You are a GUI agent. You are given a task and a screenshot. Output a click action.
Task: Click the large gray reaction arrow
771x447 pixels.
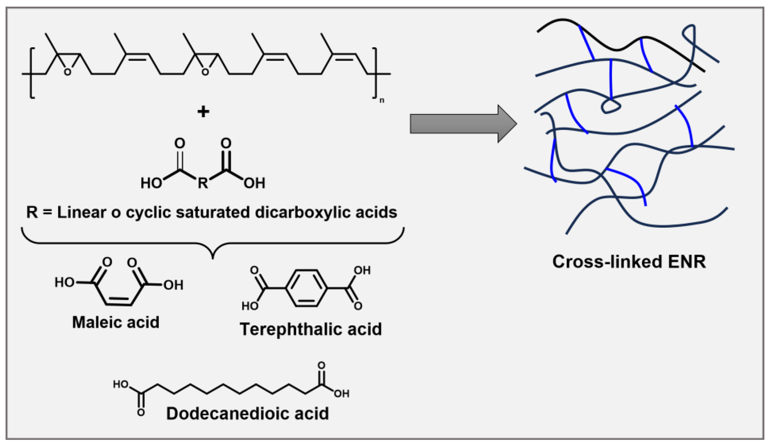[x=459, y=124]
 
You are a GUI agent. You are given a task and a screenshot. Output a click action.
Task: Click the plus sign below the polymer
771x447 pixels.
[x=204, y=112]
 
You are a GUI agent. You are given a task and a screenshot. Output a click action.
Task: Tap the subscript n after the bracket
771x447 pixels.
[x=382, y=101]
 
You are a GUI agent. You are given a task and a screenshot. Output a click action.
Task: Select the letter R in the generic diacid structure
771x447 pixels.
[x=202, y=183]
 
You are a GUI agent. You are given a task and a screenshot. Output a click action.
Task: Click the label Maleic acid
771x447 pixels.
[x=116, y=322]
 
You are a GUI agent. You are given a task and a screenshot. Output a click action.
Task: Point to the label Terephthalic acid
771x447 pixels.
[x=311, y=330]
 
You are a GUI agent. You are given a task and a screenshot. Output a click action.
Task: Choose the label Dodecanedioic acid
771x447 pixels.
[x=247, y=414]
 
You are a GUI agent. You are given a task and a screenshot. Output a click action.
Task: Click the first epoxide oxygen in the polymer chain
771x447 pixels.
[x=67, y=72]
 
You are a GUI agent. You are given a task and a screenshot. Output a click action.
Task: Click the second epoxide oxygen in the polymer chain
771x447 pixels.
[x=205, y=72]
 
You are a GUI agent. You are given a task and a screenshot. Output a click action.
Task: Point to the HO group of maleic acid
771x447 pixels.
[x=64, y=282]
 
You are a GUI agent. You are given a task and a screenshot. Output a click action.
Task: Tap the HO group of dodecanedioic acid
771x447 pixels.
[x=121, y=384]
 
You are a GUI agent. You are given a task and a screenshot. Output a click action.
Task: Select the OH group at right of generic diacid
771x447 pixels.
[x=254, y=183]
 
